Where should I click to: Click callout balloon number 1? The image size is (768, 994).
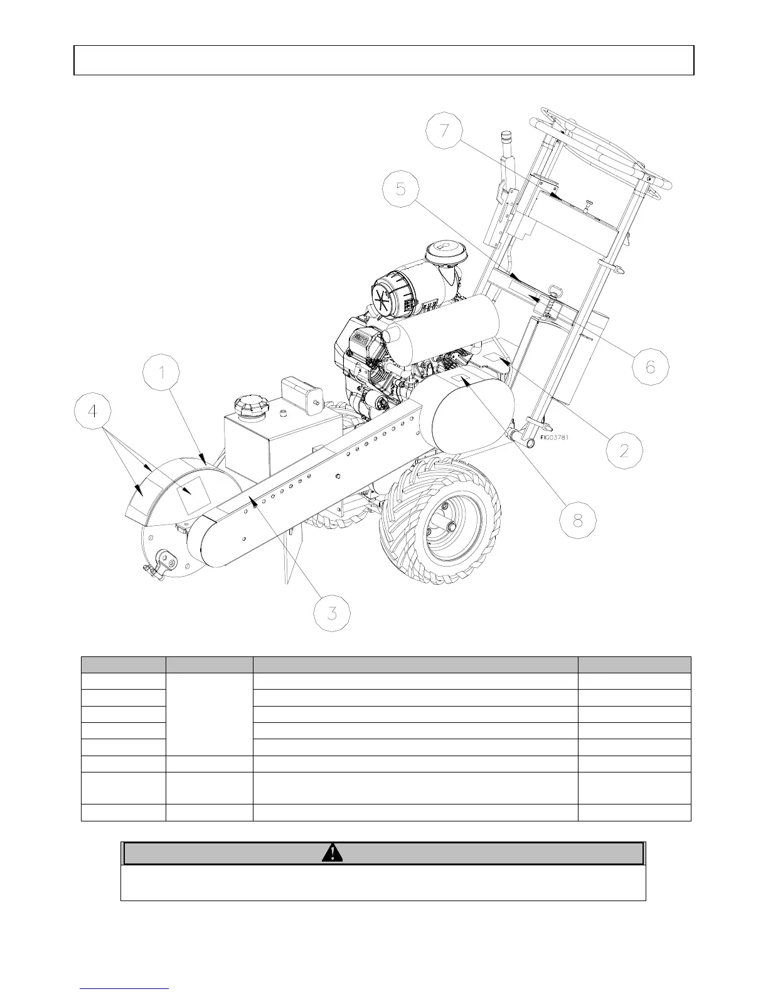[161, 374]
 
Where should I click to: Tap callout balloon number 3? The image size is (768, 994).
[331, 612]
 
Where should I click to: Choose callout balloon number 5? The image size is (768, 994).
[401, 189]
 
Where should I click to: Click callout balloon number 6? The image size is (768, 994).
[650, 365]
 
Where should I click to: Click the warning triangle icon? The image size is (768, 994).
[332, 853]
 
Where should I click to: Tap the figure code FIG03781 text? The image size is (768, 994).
[554, 437]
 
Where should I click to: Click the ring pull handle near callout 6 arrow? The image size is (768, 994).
[555, 291]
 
